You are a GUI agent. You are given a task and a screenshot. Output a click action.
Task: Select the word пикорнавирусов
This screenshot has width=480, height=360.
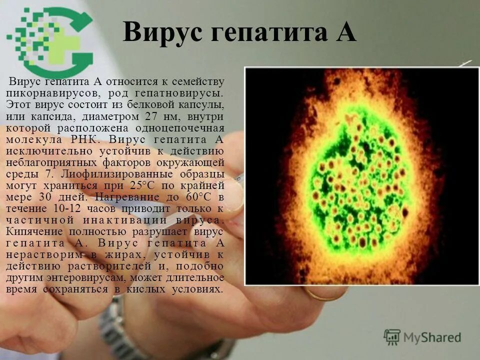pos(49,93)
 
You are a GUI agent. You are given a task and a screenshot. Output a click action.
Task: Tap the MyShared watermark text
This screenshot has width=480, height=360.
pos(432,337)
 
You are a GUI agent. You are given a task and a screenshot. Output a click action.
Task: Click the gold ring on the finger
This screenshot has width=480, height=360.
pos(320,295)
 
